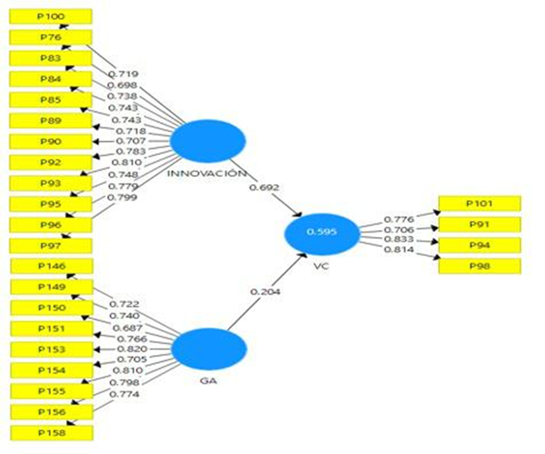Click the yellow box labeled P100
click(51, 16)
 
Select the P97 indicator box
click(51, 246)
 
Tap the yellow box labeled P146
click(51, 266)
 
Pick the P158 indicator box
click(51, 433)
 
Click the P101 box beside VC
click(479, 204)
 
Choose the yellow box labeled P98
click(479, 266)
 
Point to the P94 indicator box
click(479, 245)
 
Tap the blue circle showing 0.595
click(322, 232)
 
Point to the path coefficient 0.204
click(265, 291)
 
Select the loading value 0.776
click(398, 220)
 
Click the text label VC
click(322, 266)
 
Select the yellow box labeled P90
click(51, 141)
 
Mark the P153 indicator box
click(51, 349)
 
